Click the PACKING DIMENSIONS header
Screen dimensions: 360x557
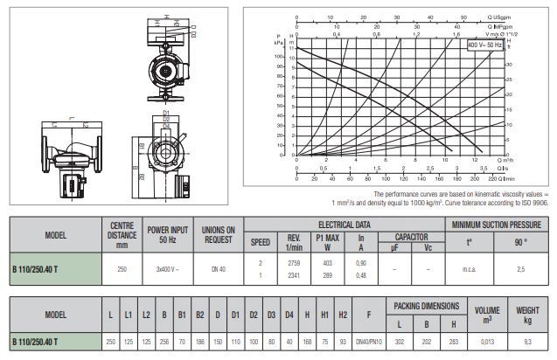(x=426, y=306)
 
